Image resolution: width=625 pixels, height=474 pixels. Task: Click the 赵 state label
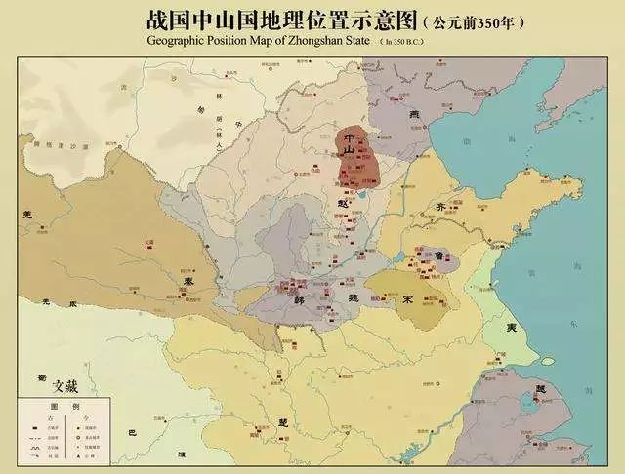point(343,194)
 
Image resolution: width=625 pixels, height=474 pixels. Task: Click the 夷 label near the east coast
point(511,329)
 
